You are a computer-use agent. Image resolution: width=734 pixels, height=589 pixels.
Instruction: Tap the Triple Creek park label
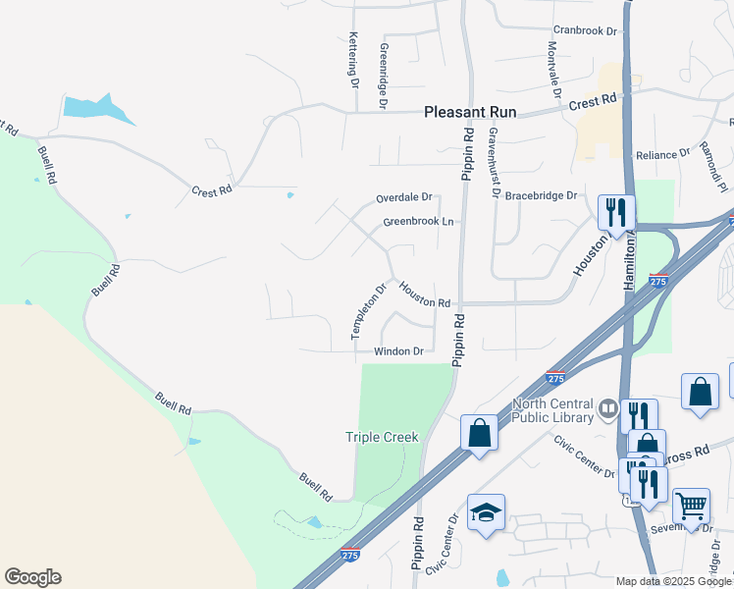point(382,437)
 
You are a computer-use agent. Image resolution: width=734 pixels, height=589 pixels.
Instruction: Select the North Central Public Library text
point(553,411)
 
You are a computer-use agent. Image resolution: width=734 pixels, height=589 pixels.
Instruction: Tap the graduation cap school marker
point(486,513)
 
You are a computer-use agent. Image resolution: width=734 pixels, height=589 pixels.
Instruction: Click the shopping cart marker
point(692,506)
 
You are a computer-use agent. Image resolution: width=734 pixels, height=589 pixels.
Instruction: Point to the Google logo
point(32,577)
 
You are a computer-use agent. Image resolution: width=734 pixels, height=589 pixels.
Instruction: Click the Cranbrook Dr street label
point(585,31)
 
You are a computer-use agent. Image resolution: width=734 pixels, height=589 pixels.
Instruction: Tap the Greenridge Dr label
point(383,75)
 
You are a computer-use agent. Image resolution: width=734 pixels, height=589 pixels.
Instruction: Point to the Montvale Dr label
point(553,69)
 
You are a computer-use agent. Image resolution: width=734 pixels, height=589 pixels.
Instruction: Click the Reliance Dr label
point(662,155)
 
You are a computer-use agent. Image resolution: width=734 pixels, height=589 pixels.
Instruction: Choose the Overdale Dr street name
point(403,197)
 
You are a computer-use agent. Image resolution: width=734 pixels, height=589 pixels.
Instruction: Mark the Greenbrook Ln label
point(418,222)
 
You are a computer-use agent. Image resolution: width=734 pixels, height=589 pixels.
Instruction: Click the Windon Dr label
point(397,351)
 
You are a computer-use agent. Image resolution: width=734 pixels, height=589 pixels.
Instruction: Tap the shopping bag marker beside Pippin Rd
point(479,433)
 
